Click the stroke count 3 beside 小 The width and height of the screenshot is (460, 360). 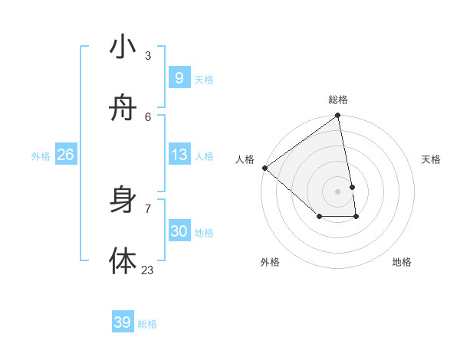(x=148, y=55)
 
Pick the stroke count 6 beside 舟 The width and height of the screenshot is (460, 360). (x=148, y=116)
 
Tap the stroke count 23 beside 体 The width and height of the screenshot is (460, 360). (x=148, y=270)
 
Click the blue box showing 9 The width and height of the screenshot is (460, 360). (x=179, y=78)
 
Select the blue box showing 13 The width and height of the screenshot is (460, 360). (x=179, y=155)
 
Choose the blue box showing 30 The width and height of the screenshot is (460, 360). (x=179, y=231)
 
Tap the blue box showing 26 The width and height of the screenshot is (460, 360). (x=65, y=155)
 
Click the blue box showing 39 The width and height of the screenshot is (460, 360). (x=122, y=322)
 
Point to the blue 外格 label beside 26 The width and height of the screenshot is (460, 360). (x=41, y=156)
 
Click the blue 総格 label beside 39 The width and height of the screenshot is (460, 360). (x=147, y=324)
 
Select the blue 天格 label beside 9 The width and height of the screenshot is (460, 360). (x=204, y=80)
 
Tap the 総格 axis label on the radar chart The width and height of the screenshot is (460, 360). (x=338, y=100)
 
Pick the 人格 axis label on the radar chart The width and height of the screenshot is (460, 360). (x=245, y=159)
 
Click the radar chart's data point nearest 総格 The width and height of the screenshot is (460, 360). (x=338, y=116)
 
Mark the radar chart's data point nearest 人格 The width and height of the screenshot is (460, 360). (x=264, y=168)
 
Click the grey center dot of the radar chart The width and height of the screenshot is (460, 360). (x=338, y=191)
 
